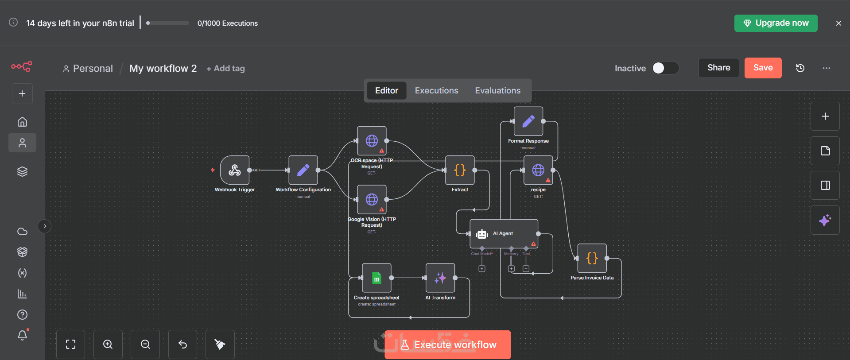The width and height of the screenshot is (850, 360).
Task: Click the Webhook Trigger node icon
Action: pyautogui.click(x=235, y=170)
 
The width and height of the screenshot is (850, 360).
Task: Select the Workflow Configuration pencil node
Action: pyautogui.click(x=303, y=170)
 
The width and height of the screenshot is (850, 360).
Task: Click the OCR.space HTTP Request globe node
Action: pyautogui.click(x=372, y=141)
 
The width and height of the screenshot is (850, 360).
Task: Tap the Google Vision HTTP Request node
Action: pyautogui.click(x=372, y=200)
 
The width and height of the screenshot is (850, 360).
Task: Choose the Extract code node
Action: pyautogui.click(x=460, y=170)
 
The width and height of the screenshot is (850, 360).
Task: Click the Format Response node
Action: pyautogui.click(x=528, y=121)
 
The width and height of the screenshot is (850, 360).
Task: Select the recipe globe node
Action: pyautogui.click(x=538, y=170)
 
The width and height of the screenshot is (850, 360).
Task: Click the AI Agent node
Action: pyautogui.click(x=504, y=233)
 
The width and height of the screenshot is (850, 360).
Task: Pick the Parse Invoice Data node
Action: pyautogui.click(x=592, y=258)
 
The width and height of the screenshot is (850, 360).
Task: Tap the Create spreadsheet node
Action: pyautogui.click(x=376, y=278)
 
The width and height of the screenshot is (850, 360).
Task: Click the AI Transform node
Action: pyautogui.click(x=440, y=278)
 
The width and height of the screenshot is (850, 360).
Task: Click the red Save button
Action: pyautogui.click(x=763, y=68)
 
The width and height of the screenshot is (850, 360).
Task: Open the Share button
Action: pyautogui.click(x=718, y=68)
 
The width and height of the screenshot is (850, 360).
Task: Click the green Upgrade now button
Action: pyautogui.click(x=776, y=23)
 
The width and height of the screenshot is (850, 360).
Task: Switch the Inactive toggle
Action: pyautogui.click(x=665, y=68)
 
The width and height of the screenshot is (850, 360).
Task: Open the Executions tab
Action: pyautogui.click(x=436, y=91)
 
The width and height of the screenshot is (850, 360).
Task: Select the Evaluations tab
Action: pyautogui.click(x=497, y=91)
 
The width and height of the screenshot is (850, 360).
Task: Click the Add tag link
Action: pyautogui.click(x=226, y=69)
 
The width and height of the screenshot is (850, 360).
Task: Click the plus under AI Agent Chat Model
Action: pyautogui.click(x=482, y=269)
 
